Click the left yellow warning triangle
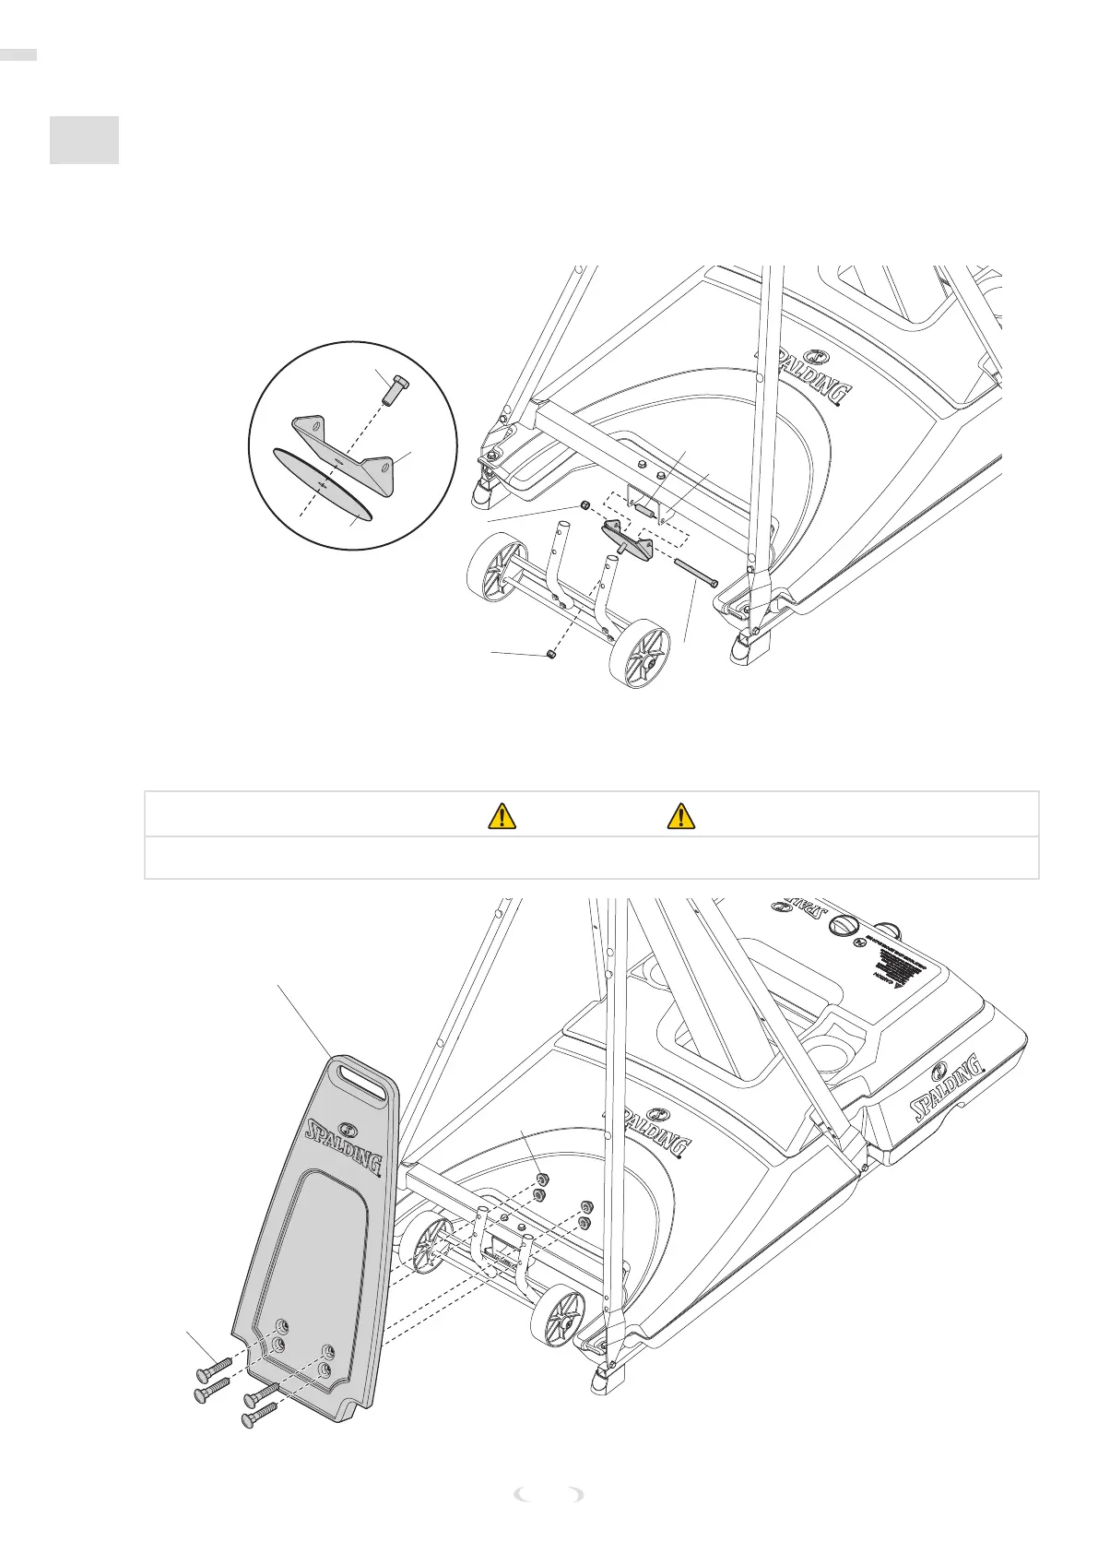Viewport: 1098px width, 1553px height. pyautogui.click(x=501, y=815)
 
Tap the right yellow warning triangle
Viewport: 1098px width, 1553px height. pyautogui.click(x=680, y=815)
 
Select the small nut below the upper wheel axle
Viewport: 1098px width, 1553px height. pyautogui.click(x=549, y=653)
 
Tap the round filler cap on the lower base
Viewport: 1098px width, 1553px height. pyautogui.click(x=846, y=926)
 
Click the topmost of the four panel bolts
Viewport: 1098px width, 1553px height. pyautogui.click(x=212, y=1358)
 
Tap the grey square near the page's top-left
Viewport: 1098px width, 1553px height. pyautogui.click(x=84, y=140)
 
